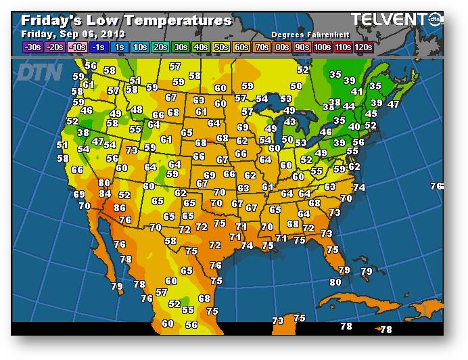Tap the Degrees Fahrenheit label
(307, 34)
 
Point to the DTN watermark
(39, 72)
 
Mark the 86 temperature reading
(120, 208)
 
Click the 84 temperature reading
(105, 194)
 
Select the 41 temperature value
(356, 91)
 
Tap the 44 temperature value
(349, 106)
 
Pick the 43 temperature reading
(289, 122)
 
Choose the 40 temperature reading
(354, 127)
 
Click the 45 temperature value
(371, 114)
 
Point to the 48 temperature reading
(137, 110)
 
